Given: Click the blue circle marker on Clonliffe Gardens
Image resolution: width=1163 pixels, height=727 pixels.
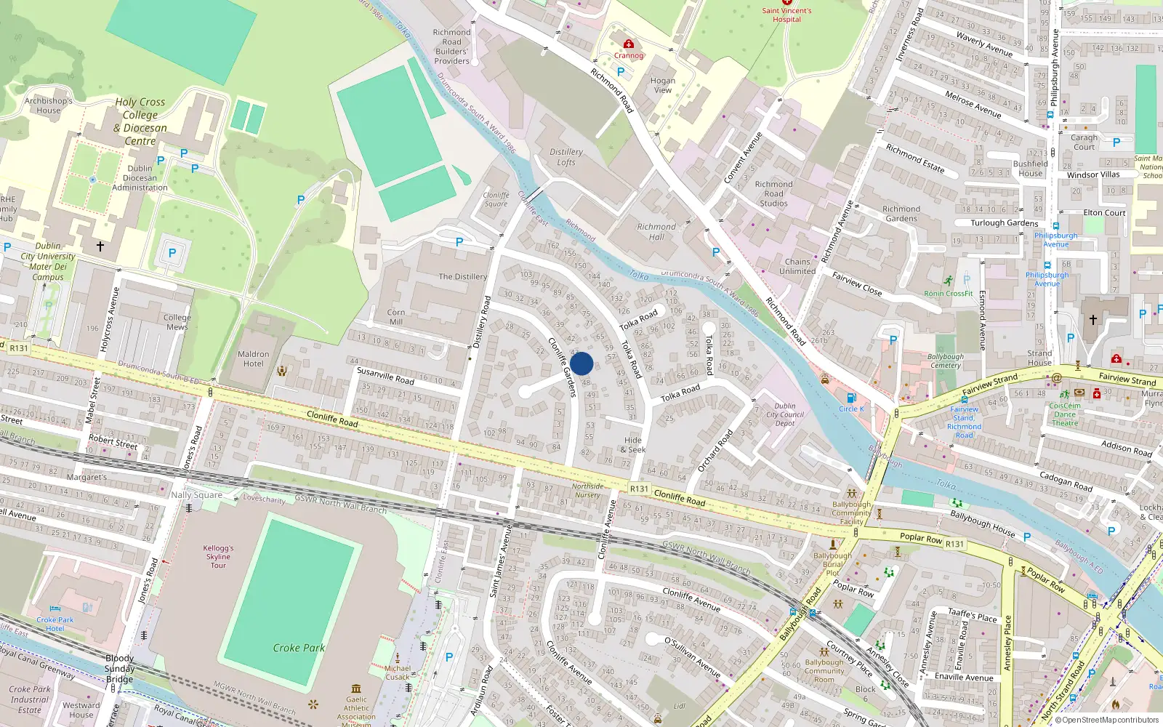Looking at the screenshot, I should point(581,363).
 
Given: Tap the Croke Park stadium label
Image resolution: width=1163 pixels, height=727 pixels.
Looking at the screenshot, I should point(299,648).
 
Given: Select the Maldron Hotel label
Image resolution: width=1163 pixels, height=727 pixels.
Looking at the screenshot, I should point(253,359).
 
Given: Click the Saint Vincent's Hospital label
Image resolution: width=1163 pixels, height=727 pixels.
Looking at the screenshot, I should point(786,15).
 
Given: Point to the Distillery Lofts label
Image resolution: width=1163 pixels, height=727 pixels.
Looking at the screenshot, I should point(566,157).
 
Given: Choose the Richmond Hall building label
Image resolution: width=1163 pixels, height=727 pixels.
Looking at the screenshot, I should point(656,232).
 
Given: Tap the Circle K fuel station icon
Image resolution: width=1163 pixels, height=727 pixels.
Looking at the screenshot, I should point(851,398).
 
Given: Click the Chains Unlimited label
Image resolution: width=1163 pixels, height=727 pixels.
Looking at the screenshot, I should point(797,266).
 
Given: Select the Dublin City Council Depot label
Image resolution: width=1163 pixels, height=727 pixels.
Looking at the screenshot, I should point(785,414).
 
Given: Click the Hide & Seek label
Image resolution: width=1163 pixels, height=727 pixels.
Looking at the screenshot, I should point(632,445).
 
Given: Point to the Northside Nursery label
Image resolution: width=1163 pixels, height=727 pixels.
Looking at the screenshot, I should point(587,491).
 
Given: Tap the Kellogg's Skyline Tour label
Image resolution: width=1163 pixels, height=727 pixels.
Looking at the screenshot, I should point(218,556).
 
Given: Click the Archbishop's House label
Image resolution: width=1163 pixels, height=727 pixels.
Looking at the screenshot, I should point(49,106).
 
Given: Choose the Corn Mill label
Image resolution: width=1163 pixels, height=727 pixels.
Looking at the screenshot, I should point(396,317).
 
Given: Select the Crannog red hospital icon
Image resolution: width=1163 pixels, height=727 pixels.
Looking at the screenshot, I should point(629,44).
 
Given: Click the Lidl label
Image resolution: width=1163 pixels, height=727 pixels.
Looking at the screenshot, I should point(679,706).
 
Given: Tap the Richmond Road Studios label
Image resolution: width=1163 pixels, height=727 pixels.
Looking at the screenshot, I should point(773,194).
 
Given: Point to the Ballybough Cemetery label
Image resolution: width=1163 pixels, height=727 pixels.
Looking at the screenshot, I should point(946,361).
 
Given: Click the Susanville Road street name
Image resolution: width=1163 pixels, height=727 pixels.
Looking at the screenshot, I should point(385,375).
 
